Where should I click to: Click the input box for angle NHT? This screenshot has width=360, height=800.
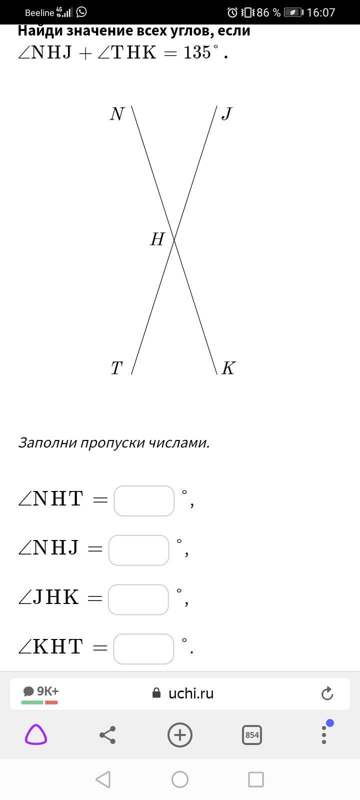point(144,500)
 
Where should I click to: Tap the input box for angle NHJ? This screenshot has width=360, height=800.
point(138,550)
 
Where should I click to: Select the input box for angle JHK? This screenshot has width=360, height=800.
point(138,599)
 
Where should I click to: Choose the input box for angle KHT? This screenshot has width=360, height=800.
point(143,648)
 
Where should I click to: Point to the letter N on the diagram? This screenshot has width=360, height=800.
point(117,114)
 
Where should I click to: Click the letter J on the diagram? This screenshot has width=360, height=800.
point(226,114)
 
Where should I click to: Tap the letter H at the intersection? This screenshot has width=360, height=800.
point(157,239)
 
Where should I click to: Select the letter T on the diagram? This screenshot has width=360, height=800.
point(116,368)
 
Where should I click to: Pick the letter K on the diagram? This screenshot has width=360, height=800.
point(228,368)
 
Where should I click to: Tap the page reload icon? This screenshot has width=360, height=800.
point(327,693)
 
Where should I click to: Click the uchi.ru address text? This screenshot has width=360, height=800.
point(191,693)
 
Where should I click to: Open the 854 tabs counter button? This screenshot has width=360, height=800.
point(252,735)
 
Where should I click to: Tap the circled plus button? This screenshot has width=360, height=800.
point(180,735)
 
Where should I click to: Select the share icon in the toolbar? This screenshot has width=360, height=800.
point(107,735)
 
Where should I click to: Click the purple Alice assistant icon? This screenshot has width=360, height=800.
point(36,735)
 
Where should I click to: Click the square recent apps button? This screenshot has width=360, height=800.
point(256,779)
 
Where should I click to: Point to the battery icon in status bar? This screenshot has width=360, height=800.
point(293,12)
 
